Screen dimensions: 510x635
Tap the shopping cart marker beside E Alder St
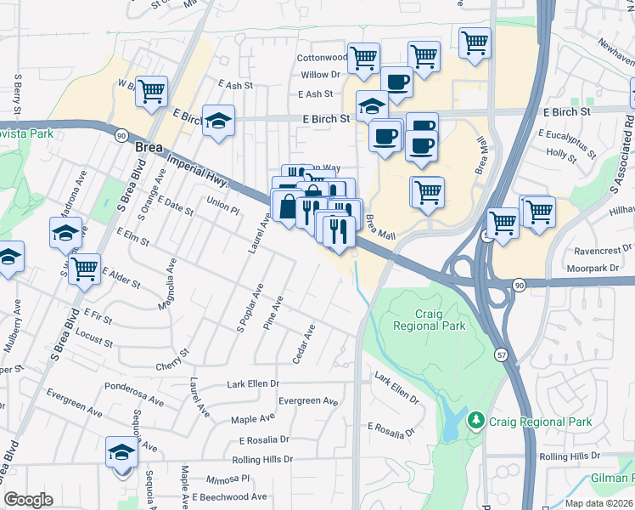[x=84, y=269]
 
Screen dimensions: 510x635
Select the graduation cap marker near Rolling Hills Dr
[x=121, y=452]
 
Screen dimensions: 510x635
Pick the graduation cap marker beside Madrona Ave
[x=65, y=232]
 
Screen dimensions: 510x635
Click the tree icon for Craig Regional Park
[x=476, y=421]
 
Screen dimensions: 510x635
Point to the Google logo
[x=28, y=500]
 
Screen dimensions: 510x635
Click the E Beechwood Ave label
[x=229, y=497]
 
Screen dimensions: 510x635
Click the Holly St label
[x=562, y=154]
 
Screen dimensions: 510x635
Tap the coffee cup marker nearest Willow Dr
[x=396, y=82]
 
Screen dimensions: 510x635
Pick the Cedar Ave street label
[x=303, y=343]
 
